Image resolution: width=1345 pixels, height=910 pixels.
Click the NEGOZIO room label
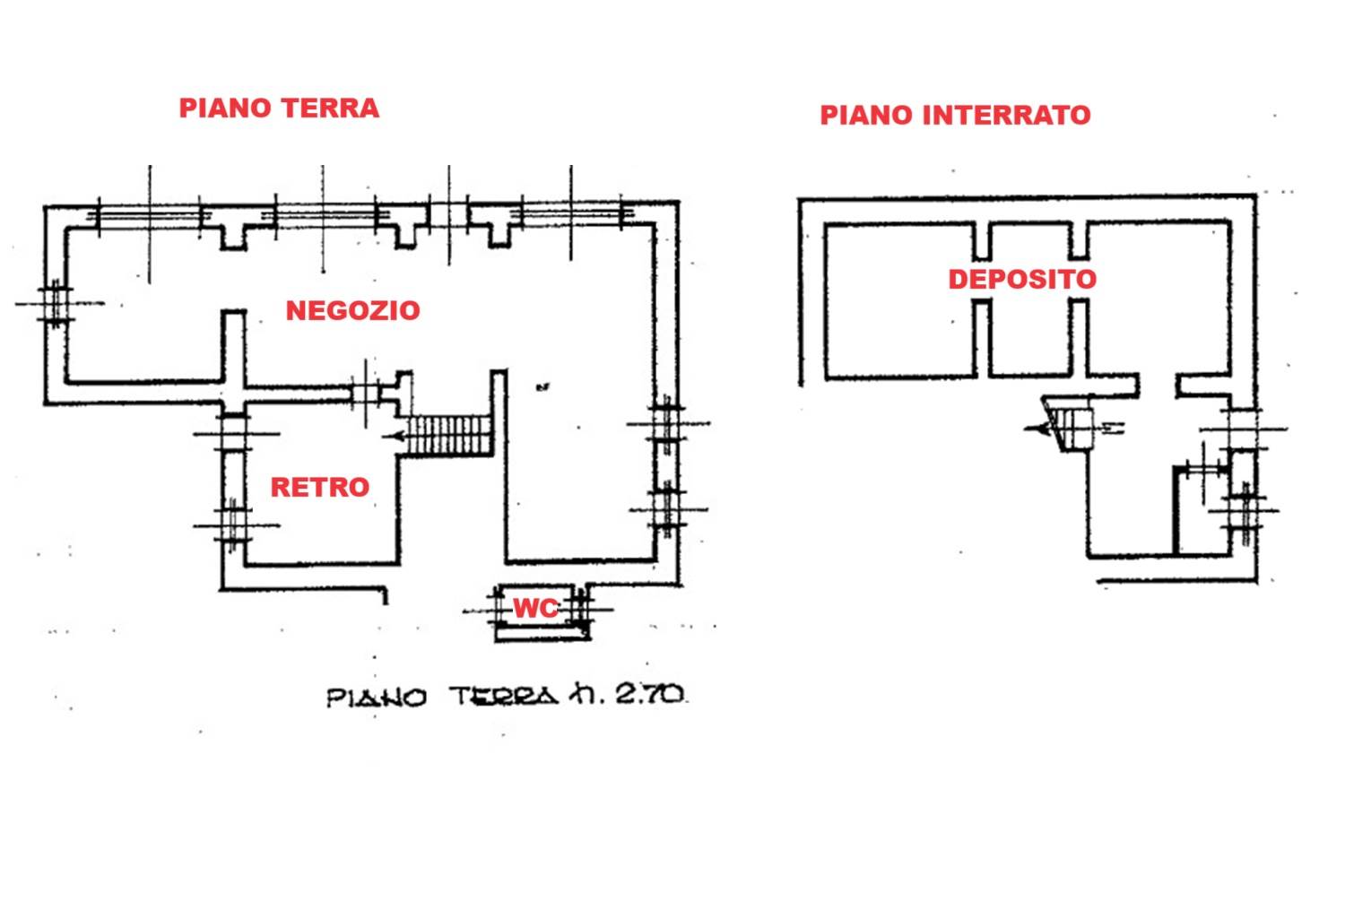(x=353, y=311)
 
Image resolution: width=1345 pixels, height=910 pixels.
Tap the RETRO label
(x=320, y=488)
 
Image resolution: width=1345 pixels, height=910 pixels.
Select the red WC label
(x=535, y=609)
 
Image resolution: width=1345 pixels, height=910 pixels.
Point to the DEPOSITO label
(x=1022, y=279)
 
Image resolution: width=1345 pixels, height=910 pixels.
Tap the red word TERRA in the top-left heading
(x=330, y=108)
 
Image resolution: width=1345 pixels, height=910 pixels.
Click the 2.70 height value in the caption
(x=650, y=695)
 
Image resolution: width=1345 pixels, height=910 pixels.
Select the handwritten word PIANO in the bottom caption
(x=377, y=698)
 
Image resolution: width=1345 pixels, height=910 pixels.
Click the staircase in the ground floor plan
(x=449, y=436)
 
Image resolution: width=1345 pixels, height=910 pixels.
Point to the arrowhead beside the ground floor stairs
(x=391, y=437)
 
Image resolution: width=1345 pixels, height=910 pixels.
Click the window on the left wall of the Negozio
(x=56, y=304)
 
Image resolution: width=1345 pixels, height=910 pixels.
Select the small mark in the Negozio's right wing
(x=542, y=388)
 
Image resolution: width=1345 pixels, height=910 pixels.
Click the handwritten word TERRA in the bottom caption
(x=504, y=697)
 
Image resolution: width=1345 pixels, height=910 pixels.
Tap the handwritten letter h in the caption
(x=585, y=695)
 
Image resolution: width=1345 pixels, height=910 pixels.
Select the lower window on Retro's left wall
(x=233, y=526)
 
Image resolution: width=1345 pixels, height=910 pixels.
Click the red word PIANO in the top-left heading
(x=225, y=108)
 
